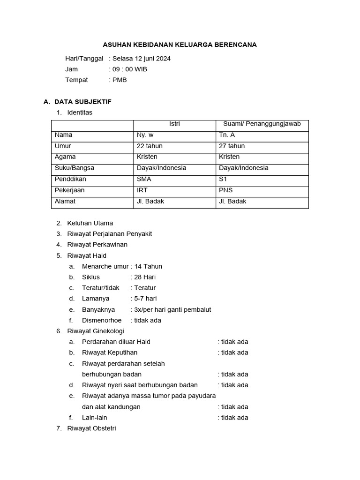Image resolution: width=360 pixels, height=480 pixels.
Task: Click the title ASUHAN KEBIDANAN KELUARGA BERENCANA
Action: point(180,45)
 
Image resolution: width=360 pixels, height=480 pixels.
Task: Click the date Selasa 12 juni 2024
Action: point(142,59)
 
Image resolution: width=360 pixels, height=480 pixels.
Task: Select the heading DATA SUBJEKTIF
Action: point(82,102)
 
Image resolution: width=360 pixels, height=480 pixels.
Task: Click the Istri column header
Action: point(174,124)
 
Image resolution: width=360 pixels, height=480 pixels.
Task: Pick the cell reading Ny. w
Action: point(145,135)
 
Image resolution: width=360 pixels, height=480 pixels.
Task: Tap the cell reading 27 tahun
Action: point(232,146)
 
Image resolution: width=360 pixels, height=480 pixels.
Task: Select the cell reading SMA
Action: point(144,179)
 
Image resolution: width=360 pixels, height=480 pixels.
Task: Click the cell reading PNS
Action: point(225,190)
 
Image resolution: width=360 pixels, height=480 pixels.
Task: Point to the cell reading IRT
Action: point(142,190)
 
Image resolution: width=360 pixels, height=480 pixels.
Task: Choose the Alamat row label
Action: point(65,202)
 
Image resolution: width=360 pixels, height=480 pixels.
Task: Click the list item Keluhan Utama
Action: point(90,223)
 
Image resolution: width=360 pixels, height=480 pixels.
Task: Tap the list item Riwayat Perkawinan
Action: point(97,245)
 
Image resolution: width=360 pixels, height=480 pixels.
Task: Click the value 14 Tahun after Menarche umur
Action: point(148,266)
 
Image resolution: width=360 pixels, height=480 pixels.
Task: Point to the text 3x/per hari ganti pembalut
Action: point(172,310)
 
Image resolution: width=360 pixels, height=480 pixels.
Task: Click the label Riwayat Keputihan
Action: point(110,352)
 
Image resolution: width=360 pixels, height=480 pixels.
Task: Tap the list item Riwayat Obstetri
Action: point(91,428)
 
